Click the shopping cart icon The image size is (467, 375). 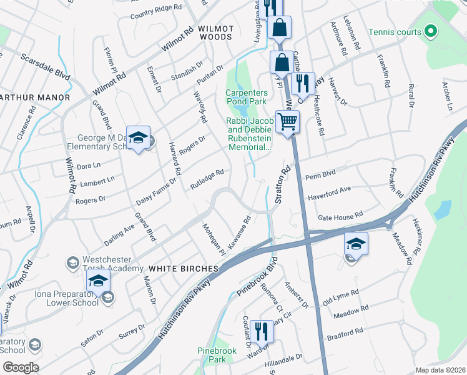point(287,121)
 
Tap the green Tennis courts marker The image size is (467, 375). point(430,31)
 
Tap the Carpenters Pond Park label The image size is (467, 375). point(246,97)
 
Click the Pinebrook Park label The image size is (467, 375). point(215,355)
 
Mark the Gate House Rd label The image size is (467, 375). point(340,216)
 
